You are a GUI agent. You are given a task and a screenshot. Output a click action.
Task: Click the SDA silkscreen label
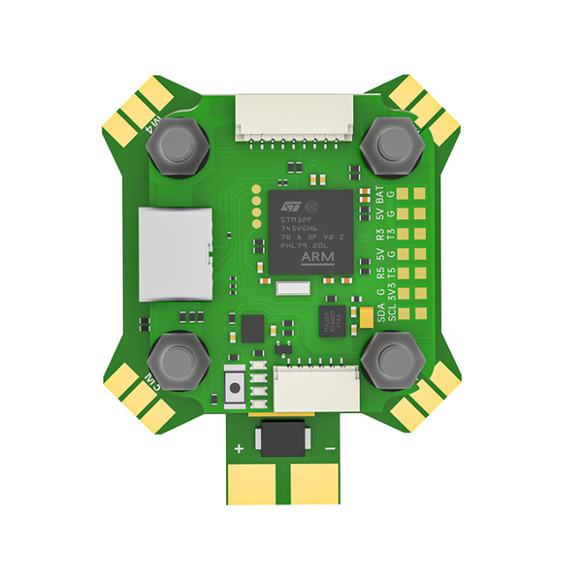tap(380, 310)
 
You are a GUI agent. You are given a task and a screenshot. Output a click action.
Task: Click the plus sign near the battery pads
tap(239, 448)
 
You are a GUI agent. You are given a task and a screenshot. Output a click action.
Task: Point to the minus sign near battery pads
tap(330, 448)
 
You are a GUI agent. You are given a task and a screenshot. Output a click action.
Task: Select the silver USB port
tap(174, 252)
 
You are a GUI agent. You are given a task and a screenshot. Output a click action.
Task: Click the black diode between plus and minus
tap(284, 437)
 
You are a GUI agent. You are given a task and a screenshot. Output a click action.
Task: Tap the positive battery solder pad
tap(255, 480)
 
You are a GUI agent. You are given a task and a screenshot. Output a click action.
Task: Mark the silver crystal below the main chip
tap(290, 288)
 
